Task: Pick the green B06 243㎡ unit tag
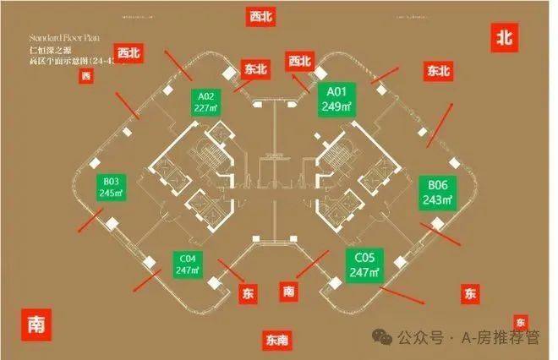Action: [x=437, y=192]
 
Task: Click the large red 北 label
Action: [x=505, y=37]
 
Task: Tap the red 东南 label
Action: [x=276, y=341]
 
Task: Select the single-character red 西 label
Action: [x=85, y=78]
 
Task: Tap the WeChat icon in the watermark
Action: [x=386, y=338]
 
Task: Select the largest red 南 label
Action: [x=36, y=324]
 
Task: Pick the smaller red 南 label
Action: [x=289, y=292]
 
